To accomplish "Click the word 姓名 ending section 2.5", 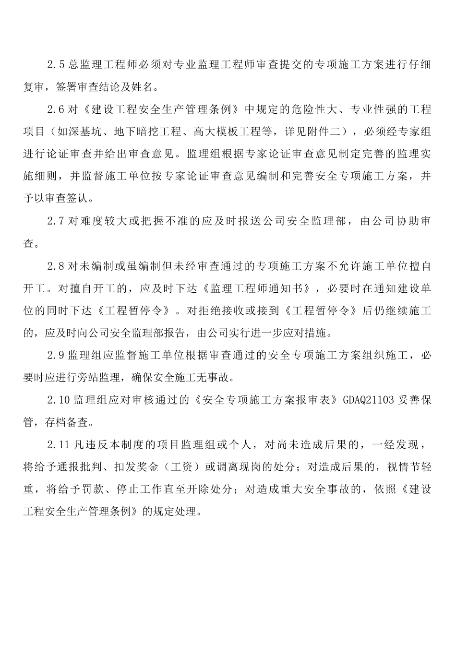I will click(x=142, y=87).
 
